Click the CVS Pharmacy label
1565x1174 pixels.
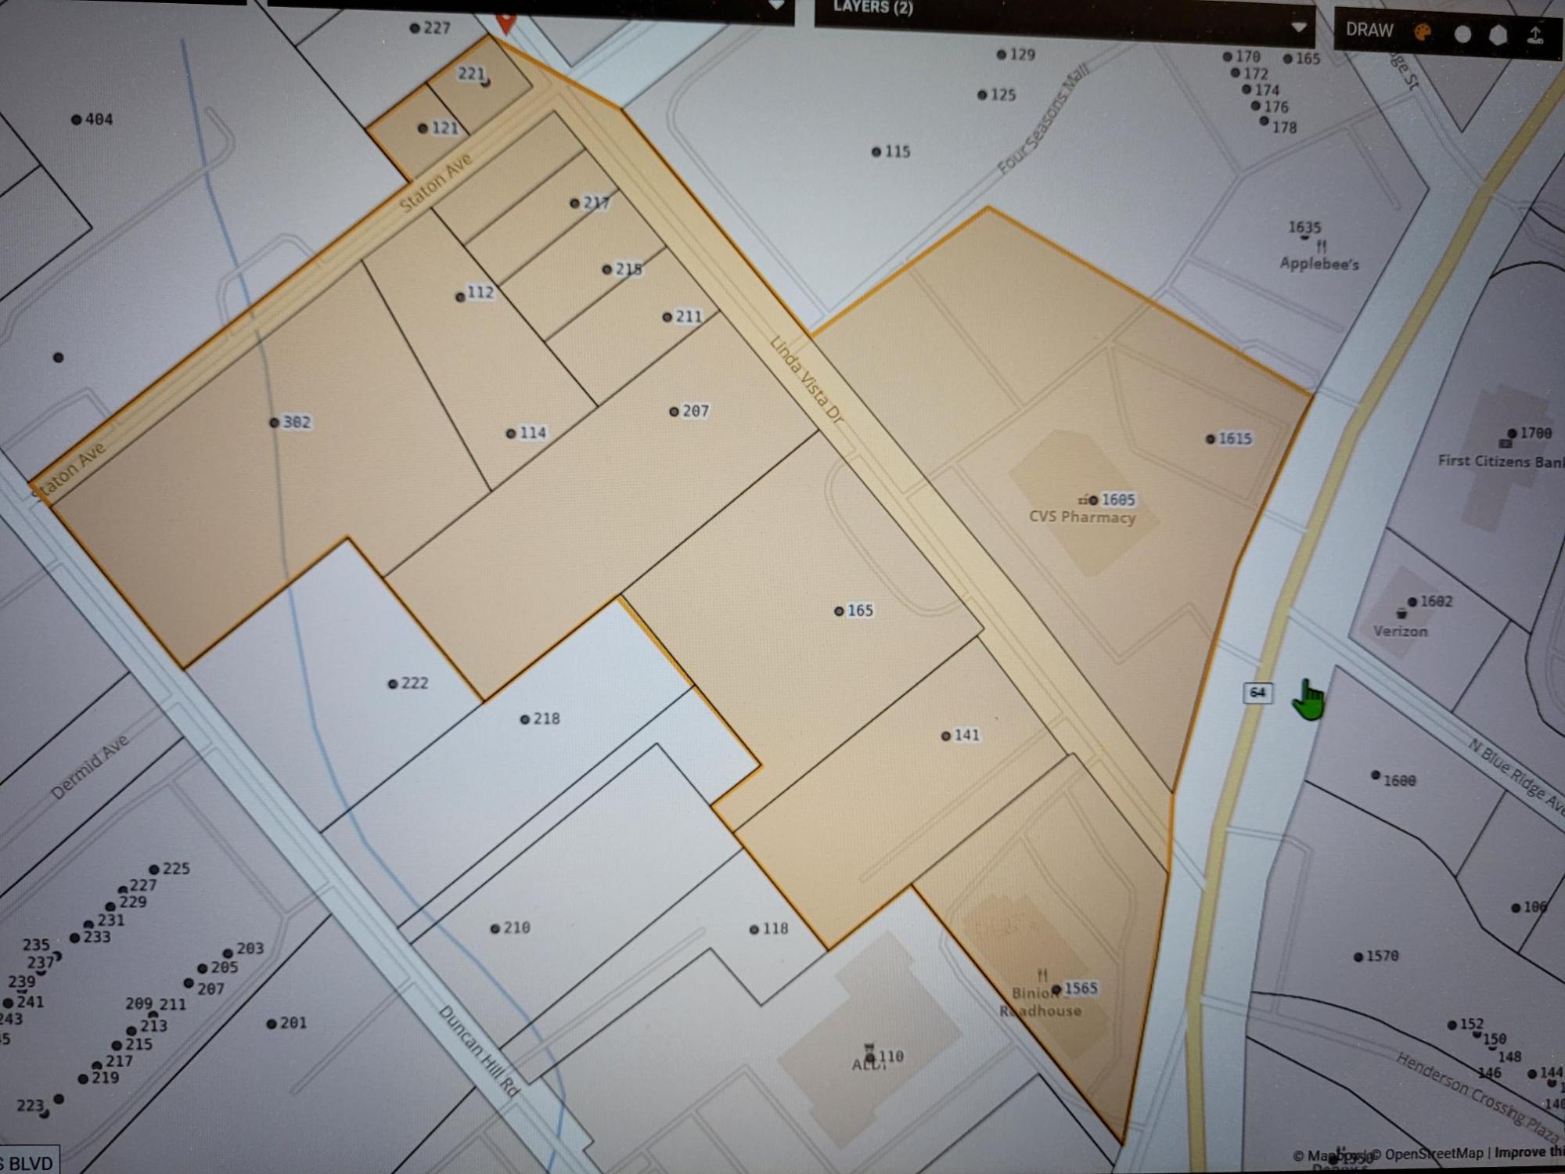coord(1081,517)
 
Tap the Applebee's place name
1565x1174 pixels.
coord(1319,264)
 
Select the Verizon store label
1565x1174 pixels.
coord(1400,631)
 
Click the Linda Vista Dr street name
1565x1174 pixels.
coord(806,380)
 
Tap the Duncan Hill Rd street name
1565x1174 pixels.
coord(479,1050)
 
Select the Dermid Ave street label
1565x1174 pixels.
coord(89,767)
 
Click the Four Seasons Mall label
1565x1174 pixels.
coord(1043,120)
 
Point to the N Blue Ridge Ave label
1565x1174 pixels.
coord(1516,778)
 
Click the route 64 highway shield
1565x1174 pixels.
coord(1257,692)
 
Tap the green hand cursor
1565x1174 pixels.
coord(1308,700)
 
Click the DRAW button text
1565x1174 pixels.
coord(1369,30)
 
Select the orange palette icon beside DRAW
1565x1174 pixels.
coord(1423,32)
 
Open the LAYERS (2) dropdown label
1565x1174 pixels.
coord(872,8)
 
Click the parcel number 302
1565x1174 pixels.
coord(296,423)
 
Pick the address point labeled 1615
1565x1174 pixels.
coord(1234,438)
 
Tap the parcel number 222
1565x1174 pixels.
coord(413,683)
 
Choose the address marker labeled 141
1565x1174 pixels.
coord(966,735)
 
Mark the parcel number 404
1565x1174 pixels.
coord(98,120)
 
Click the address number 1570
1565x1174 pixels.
coord(1381,956)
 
